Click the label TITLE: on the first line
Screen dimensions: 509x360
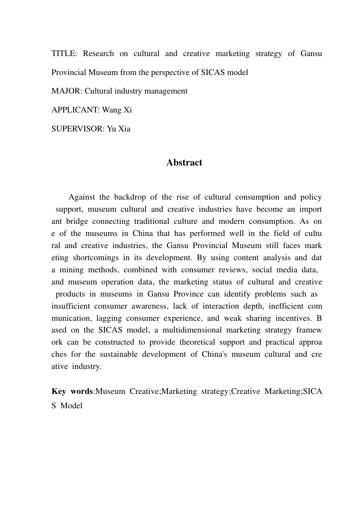(x=64, y=53)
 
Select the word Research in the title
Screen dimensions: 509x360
(x=98, y=53)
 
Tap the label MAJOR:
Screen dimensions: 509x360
(x=67, y=91)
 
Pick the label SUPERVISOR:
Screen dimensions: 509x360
(x=78, y=129)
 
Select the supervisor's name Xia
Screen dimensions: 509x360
(x=124, y=129)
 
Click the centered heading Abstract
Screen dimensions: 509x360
(x=184, y=162)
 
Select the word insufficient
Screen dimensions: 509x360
(x=70, y=306)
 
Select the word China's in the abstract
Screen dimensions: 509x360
(x=214, y=354)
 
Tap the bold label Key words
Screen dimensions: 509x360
(x=72, y=391)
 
